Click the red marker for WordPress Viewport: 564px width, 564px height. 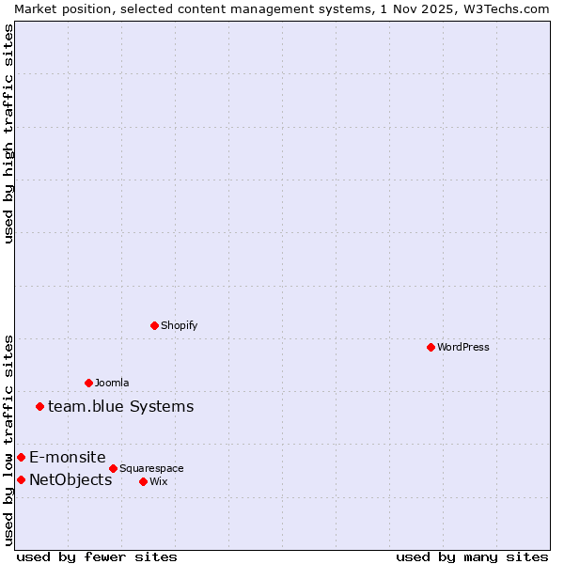click(431, 347)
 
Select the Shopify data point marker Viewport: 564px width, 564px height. click(154, 325)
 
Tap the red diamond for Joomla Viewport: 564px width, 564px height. click(88, 383)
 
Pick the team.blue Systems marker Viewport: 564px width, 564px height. click(39, 406)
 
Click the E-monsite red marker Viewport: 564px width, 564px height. click(21, 457)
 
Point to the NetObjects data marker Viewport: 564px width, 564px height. click(21, 479)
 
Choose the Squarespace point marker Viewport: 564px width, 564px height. click(113, 468)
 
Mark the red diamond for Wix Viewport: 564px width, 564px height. click(143, 481)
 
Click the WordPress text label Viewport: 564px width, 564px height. click(463, 347)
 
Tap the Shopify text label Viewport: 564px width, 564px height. click(179, 325)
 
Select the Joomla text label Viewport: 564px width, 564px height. click(112, 383)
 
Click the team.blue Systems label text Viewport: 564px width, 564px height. click(120, 406)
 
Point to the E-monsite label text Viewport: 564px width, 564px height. click(67, 457)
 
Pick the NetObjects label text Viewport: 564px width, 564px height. click(70, 479)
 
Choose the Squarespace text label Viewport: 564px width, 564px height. click(151, 468)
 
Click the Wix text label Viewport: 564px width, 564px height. click(158, 481)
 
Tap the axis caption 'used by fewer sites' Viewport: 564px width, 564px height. click(97, 556)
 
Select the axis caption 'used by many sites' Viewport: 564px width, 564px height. click(472, 556)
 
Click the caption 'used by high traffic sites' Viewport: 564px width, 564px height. click(8, 133)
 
